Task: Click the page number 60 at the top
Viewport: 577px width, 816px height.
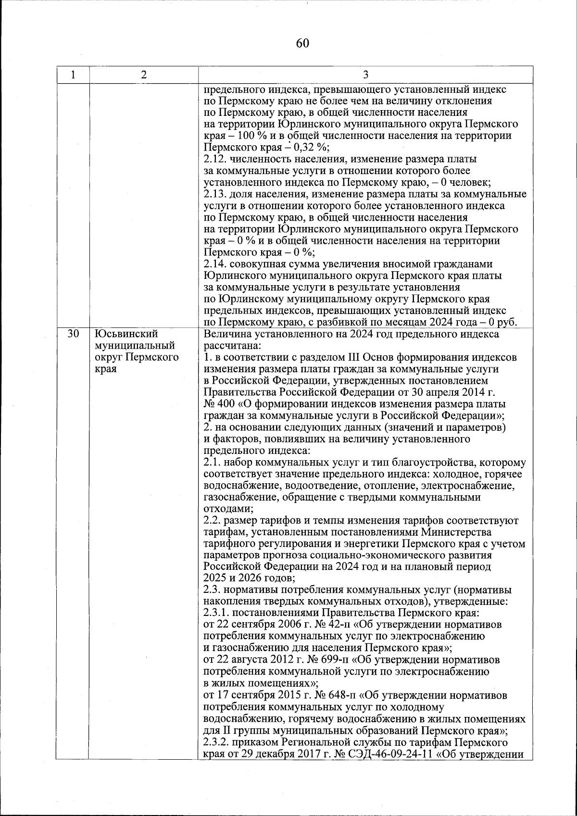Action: pos(302,43)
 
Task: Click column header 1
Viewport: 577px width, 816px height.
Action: pos(73,75)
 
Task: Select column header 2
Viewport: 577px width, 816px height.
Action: pos(144,75)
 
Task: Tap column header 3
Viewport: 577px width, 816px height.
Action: pos(365,75)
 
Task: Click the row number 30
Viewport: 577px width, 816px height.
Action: pos(73,334)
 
